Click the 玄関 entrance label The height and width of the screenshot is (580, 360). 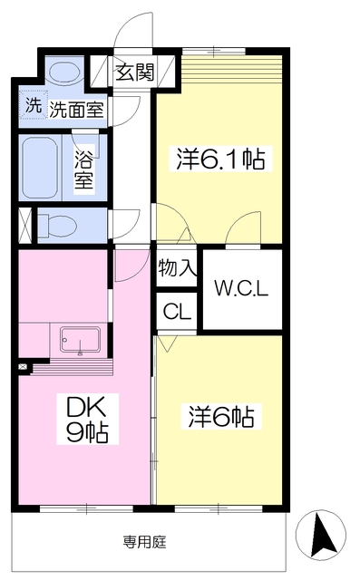point(135,72)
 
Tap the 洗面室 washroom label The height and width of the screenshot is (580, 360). point(77,109)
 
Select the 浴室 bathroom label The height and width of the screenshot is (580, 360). point(84,170)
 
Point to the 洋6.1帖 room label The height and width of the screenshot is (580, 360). point(220,159)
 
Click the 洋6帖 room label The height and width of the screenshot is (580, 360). point(221,417)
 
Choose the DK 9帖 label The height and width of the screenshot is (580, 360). point(87,419)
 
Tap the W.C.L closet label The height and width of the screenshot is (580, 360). point(241,288)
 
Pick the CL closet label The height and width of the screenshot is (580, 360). point(177,312)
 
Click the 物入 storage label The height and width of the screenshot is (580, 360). point(177,267)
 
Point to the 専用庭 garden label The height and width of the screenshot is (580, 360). point(145,542)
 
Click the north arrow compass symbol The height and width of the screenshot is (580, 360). point(321,535)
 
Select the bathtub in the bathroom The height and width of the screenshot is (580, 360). point(40,168)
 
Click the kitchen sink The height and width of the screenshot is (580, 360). point(81,340)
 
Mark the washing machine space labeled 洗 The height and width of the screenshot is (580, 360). point(34,105)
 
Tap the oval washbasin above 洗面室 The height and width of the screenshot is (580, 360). point(64,72)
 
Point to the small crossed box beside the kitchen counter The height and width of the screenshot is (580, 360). point(24,366)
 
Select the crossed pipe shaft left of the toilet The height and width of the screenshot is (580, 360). point(26,226)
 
